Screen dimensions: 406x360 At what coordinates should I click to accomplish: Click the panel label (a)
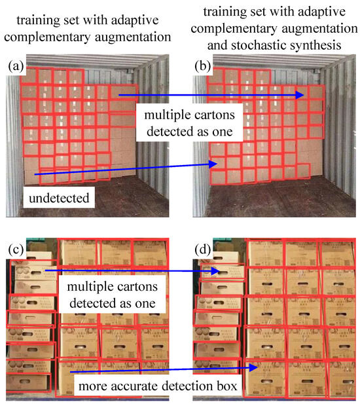coord(16,65)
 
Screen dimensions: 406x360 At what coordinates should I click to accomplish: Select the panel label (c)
coord(16,249)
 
